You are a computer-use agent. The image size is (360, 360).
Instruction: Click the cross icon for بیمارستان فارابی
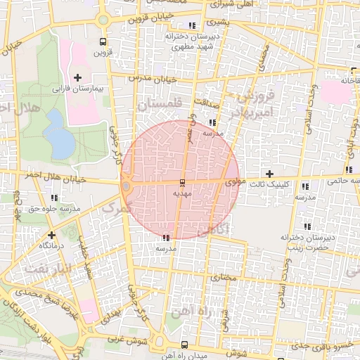click(77, 77)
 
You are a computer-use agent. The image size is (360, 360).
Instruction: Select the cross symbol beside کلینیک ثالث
click(269, 173)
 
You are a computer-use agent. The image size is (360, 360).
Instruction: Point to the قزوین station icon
click(103, 41)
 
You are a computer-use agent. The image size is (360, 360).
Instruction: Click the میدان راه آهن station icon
click(184, 345)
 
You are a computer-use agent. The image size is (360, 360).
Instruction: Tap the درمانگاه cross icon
click(51, 235)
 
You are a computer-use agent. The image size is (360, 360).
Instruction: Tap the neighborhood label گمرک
click(117, 207)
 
